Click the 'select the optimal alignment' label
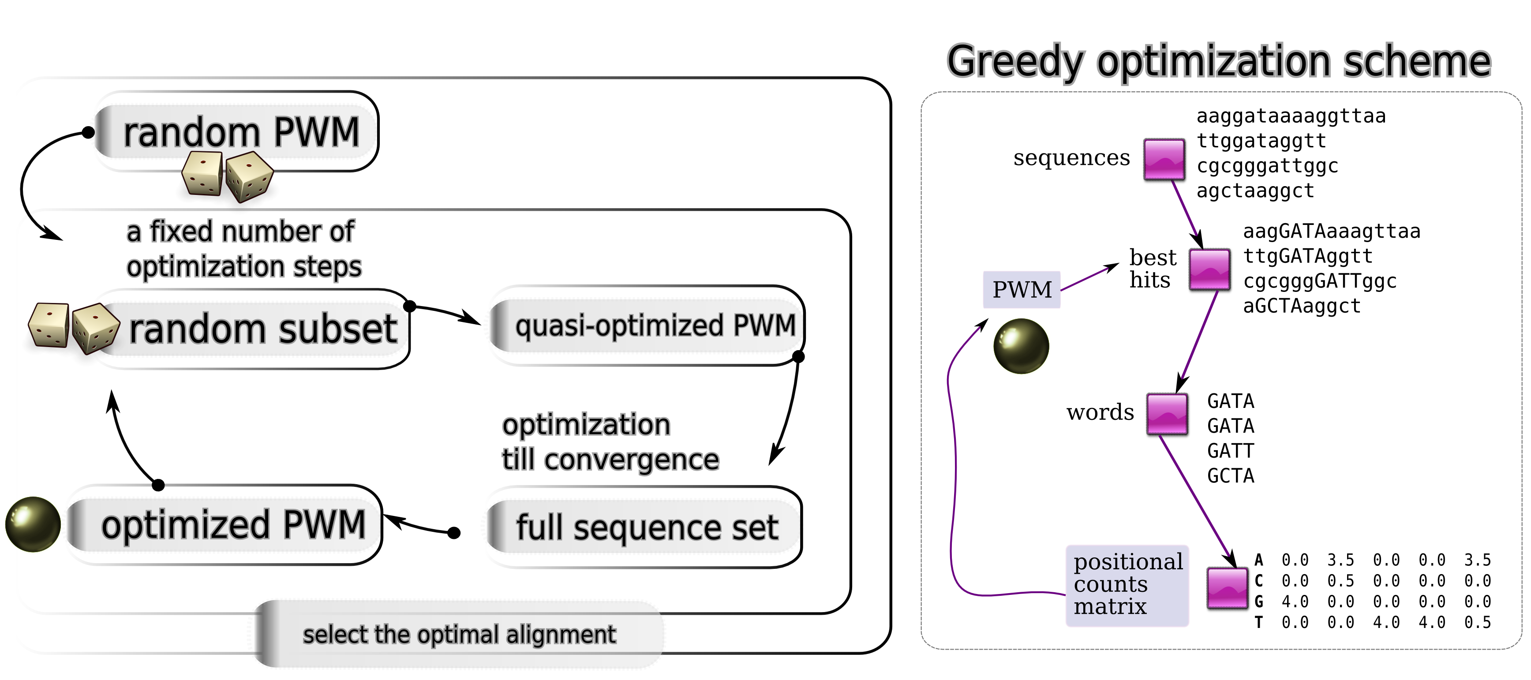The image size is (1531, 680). [459, 634]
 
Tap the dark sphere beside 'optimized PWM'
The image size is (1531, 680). [33, 524]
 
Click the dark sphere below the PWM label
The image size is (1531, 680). [1021, 346]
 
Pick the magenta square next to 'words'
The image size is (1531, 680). [1167, 414]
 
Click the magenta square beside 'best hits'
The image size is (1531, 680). [1209, 270]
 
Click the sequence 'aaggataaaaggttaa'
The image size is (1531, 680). [1291, 116]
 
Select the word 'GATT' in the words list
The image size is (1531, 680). [1230, 451]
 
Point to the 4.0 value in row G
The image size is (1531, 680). [1295, 602]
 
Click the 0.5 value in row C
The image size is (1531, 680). [1341, 581]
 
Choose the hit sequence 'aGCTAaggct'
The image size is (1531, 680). [1302, 306]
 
